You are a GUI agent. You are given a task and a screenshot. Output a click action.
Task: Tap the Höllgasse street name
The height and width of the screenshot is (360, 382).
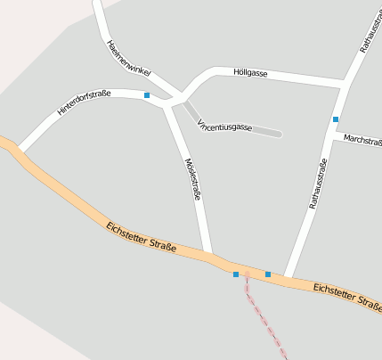[x=250, y=72]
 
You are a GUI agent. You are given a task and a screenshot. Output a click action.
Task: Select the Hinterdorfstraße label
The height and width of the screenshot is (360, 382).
[x=84, y=102]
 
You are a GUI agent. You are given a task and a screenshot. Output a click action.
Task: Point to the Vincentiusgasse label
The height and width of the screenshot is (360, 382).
[x=225, y=127]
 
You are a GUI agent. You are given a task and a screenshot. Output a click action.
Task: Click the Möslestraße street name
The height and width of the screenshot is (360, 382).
[x=191, y=178]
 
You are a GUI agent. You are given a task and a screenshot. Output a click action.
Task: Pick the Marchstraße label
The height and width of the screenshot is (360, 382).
[x=362, y=140]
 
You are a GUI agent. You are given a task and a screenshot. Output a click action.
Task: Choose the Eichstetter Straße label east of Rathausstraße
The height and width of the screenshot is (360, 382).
[x=347, y=296]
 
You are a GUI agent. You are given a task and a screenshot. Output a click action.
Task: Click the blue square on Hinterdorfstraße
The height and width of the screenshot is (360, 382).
[x=146, y=94]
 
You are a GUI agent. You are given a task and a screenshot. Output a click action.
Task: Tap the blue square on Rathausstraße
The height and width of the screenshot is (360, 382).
[x=336, y=119]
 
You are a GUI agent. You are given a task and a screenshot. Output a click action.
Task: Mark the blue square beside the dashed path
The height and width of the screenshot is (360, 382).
[x=236, y=274]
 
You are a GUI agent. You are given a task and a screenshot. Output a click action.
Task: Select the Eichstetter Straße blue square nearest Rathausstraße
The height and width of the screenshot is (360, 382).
[x=268, y=274]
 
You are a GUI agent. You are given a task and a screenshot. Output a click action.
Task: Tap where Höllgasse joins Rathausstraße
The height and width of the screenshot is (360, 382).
[x=344, y=84]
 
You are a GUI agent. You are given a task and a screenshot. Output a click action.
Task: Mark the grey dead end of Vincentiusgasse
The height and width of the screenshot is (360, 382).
[x=278, y=134]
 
